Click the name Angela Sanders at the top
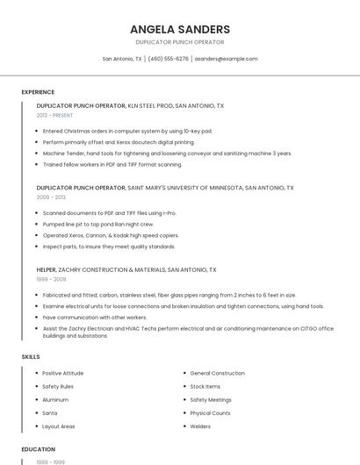click(180, 29)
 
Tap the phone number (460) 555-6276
click(168, 59)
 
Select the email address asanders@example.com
click(226, 59)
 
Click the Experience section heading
click(38, 92)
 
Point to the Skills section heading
click(31, 357)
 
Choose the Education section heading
click(39, 449)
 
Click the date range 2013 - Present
click(54, 115)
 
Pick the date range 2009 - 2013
click(51, 197)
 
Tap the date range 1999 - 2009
click(51, 279)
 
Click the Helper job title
click(46, 270)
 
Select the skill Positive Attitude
click(63, 374)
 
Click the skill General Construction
click(217, 374)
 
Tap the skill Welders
click(200, 426)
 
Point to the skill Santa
click(50, 413)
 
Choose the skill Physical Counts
click(210, 413)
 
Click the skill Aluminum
click(55, 400)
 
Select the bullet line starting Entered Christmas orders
click(127, 131)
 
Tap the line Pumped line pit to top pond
click(98, 224)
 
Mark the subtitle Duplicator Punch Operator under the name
click(180, 42)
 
